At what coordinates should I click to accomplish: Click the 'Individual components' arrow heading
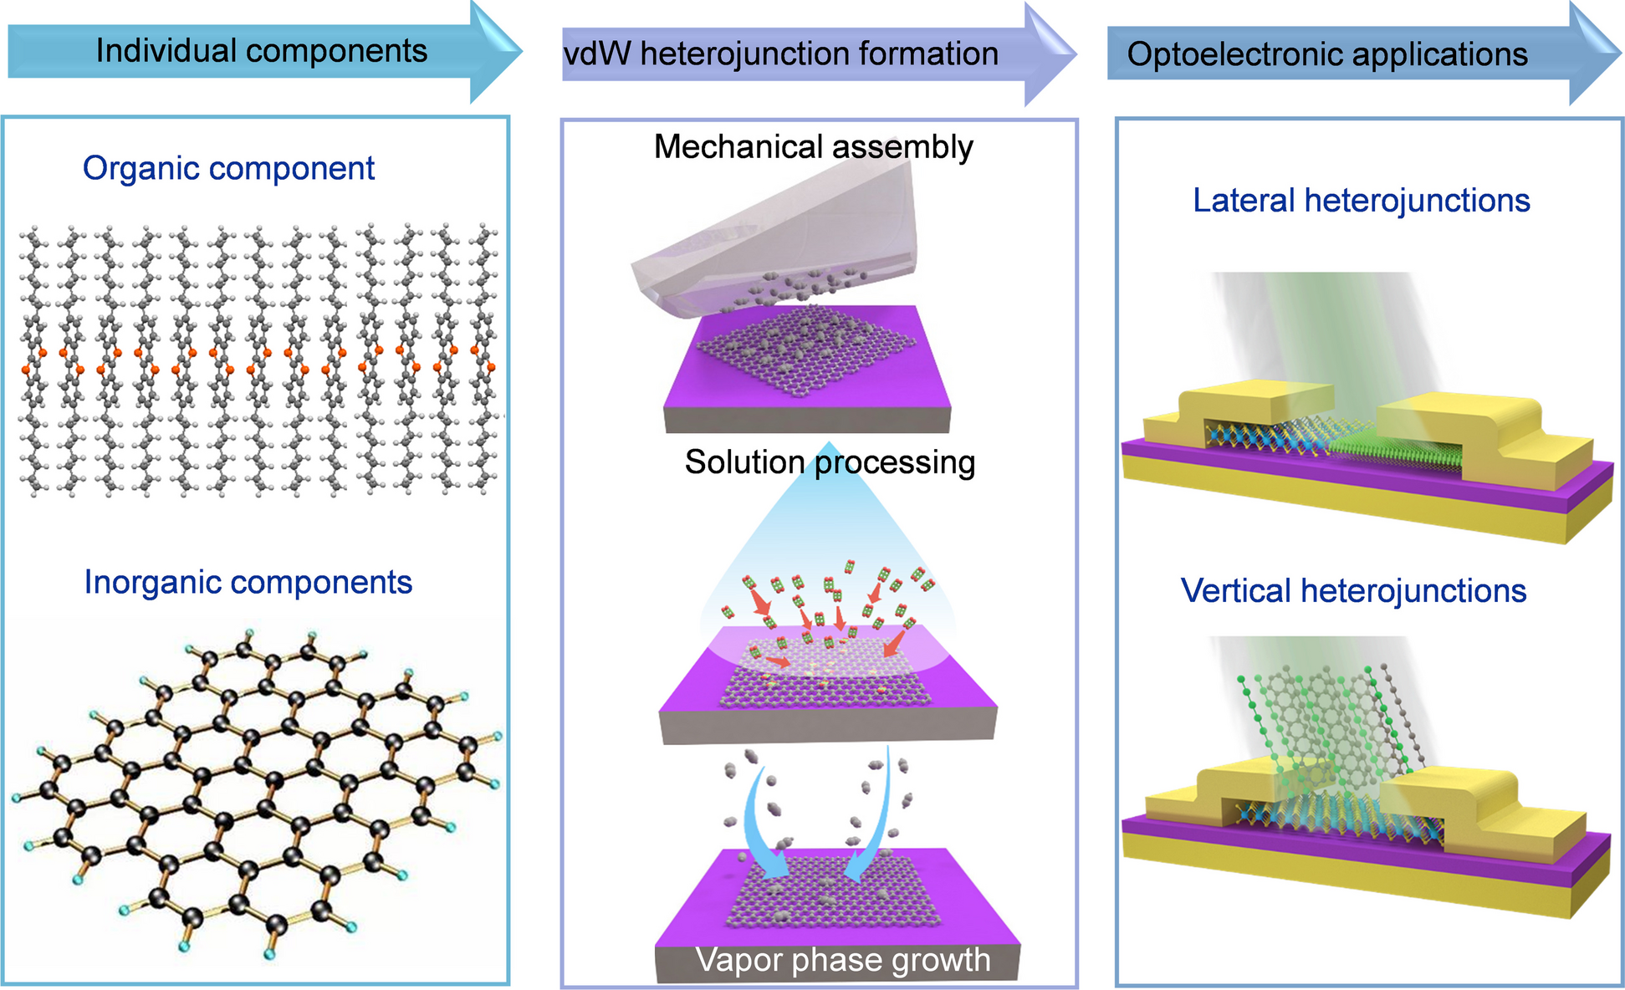tap(261, 51)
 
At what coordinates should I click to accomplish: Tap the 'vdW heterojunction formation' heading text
tap(781, 54)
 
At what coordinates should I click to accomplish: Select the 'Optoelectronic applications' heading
tap(1326, 55)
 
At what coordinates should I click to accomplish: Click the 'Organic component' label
tap(228, 169)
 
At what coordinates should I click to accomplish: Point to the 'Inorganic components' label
tap(248, 583)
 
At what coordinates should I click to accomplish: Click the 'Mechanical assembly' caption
tap(813, 147)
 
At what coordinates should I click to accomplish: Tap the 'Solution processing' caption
tap(830, 462)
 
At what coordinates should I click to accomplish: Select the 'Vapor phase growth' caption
tap(842, 961)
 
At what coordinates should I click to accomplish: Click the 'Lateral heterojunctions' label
tap(1361, 201)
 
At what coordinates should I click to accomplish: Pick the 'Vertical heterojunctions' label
tap(1353, 591)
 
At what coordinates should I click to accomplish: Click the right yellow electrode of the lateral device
tap(1472, 426)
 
